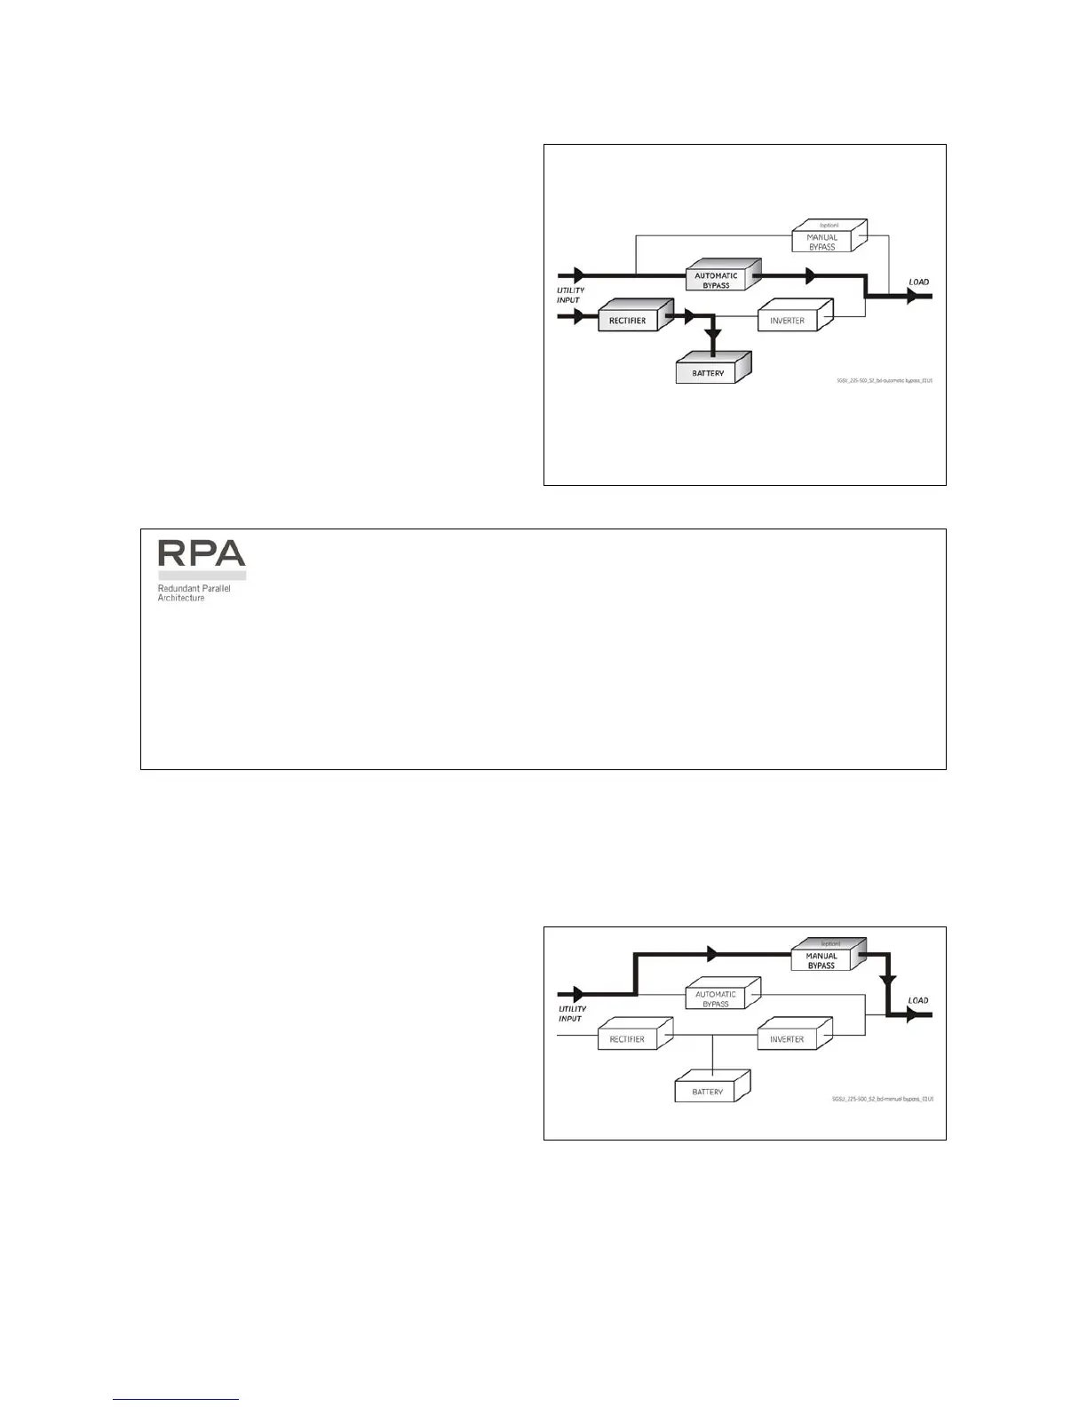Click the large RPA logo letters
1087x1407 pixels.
[202, 553]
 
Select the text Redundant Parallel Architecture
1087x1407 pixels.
[194, 593]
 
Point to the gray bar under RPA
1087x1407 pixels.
[202, 576]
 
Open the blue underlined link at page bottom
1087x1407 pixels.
[176, 1399]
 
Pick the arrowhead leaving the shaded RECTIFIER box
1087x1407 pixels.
[685, 314]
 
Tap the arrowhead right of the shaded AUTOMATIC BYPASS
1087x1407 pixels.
[809, 276]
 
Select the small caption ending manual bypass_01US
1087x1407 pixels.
[883, 1099]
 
